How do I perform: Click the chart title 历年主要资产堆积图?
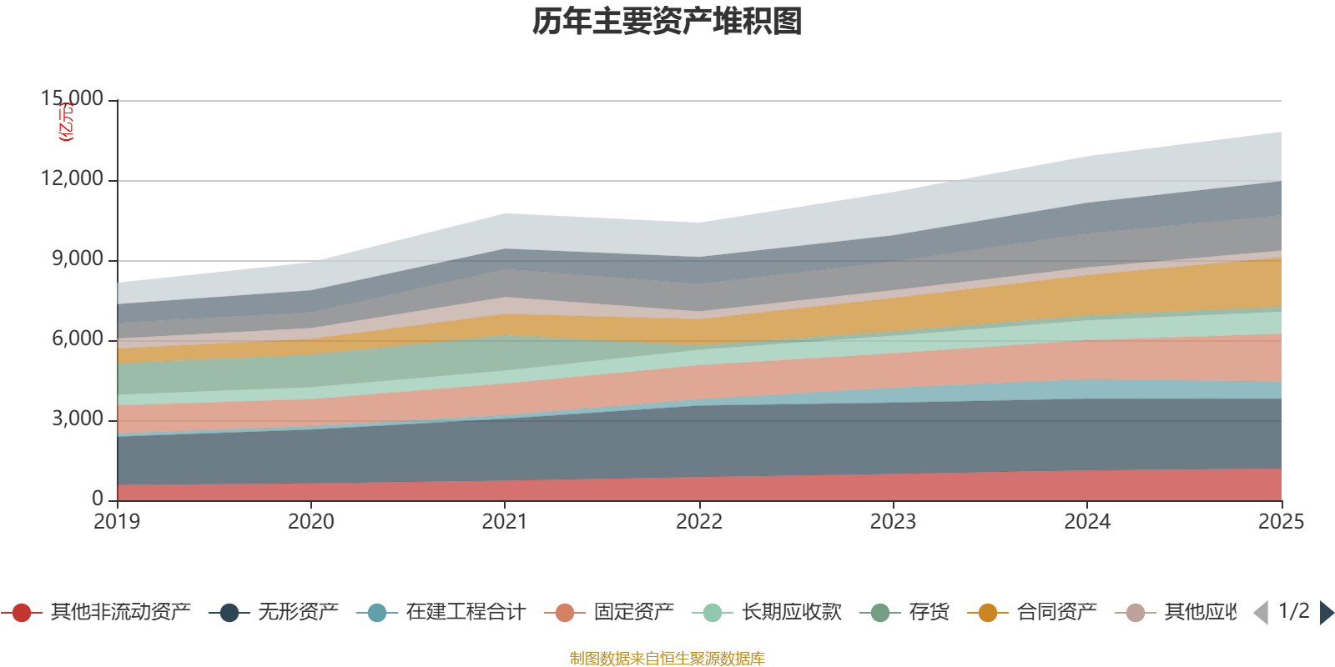pyautogui.click(x=667, y=22)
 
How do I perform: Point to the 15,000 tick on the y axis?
pyautogui.click(x=73, y=98)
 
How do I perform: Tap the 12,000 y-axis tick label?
pyautogui.click(x=73, y=178)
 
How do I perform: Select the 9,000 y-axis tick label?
pyautogui.click(x=78, y=258)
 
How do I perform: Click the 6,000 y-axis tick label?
pyautogui.click(x=78, y=339)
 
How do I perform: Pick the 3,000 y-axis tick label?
pyautogui.click(x=78, y=419)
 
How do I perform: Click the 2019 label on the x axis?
pyautogui.click(x=117, y=522)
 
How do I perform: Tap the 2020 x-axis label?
pyautogui.click(x=311, y=522)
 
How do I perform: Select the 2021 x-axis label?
pyautogui.click(x=505, y=522)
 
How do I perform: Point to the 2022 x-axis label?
pyautogui.click(x=699, y=522)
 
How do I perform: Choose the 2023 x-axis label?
pyautogui.click(x=893, y=522)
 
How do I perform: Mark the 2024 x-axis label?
pyautogui.click(x=1087, y=522)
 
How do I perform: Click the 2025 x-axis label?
pyautogui.click(x=1281, y=522)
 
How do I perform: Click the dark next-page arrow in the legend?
pyautogui.click(x=1327, y=613)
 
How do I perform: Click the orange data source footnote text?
pyautogui.click(x=667, y=659)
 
